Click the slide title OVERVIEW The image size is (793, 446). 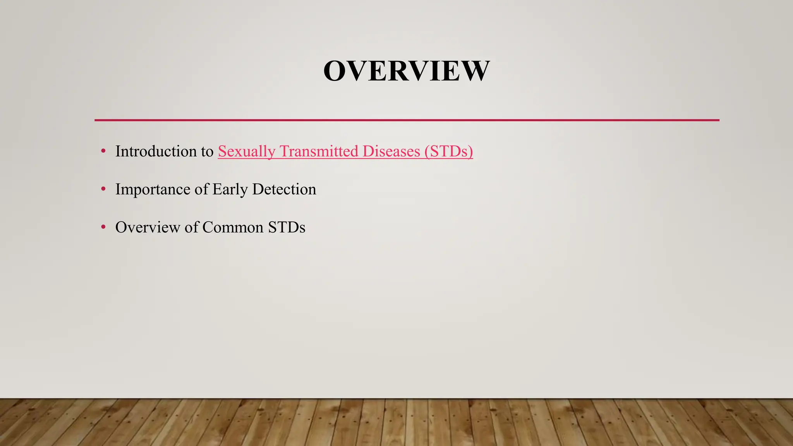(406, 71)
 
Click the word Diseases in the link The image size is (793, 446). (391, 151)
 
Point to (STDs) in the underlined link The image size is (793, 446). (449, 151)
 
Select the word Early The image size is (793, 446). (230, 189)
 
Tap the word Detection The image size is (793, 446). (284, 189)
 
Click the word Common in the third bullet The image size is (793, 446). (233, 227)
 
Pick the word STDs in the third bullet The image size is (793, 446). (287, 227)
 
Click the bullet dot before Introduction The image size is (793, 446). (103, 151)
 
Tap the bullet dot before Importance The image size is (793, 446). (103, 189)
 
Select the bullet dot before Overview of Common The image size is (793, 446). (103, 227)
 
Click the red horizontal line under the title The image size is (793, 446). (407, 120)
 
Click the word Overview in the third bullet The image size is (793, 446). (148, 227)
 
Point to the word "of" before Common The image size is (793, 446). (191, 227)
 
